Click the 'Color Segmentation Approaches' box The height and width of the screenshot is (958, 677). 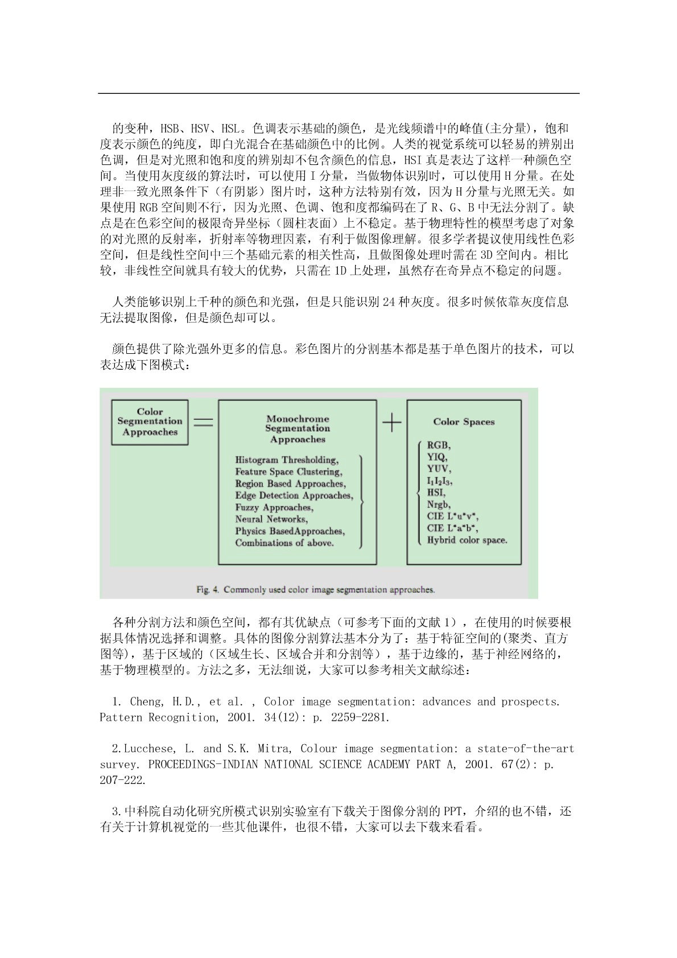tap(150, 422)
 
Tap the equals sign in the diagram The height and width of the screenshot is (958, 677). tap(203, 423)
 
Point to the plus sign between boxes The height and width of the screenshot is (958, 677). tap(391, 423)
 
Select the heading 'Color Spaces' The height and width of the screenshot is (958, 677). tap(464, 422)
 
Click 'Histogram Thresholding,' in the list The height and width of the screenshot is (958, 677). tap(287, 460)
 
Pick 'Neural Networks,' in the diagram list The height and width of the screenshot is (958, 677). tap(271, 519)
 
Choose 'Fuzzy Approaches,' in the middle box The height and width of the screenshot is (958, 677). tap(274, 507)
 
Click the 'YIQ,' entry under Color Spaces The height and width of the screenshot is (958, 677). tap(437, 457)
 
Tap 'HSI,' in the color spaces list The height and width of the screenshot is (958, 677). tap(436, 493)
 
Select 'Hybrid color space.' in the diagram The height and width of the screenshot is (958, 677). tap(467, 540)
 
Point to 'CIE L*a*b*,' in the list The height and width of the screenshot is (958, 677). tap(452, 528)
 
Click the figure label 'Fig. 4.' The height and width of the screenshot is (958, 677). tap(208, 589)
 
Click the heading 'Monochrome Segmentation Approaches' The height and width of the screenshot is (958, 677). tap(298, 429)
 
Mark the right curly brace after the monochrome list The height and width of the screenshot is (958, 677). tap(361, 501)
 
